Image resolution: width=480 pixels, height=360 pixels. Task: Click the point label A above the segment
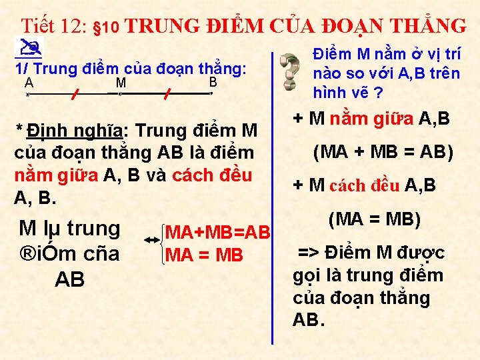[29, 83]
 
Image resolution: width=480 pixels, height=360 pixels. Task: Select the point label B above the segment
[213, 82]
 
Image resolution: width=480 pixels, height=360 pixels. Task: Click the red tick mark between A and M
[75, 94]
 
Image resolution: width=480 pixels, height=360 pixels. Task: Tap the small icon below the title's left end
[27, 47]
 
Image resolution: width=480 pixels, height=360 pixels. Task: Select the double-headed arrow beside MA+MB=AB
[152, 239]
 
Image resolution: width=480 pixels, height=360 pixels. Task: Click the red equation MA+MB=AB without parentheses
[217, 233]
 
